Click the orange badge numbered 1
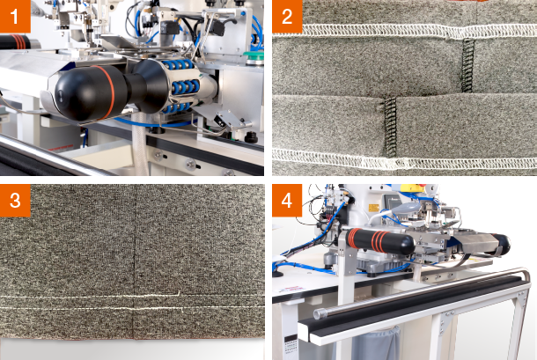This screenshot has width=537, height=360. [15, 17]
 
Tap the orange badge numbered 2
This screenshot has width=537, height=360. [287, 17]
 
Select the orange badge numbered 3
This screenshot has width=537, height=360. [15, 201]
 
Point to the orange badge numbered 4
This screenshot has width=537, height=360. [287, 201]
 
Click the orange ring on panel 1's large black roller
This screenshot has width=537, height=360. [108, 91]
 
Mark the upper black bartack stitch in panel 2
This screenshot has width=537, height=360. [467, 65]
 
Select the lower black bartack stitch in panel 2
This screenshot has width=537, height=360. [389, 126]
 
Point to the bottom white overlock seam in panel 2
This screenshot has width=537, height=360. [404, 160]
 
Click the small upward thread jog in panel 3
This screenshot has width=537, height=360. [179, 293]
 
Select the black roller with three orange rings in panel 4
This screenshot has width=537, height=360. [379, 241]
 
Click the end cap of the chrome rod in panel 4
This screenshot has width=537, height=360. [319, 313]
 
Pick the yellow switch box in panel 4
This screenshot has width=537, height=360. [413, 187]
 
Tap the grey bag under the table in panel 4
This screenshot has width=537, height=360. [376, 343]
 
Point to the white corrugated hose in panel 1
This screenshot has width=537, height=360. [139, 143]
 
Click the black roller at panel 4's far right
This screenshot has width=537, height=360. [501, 244]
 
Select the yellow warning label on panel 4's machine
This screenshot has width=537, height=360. [373, 209]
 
